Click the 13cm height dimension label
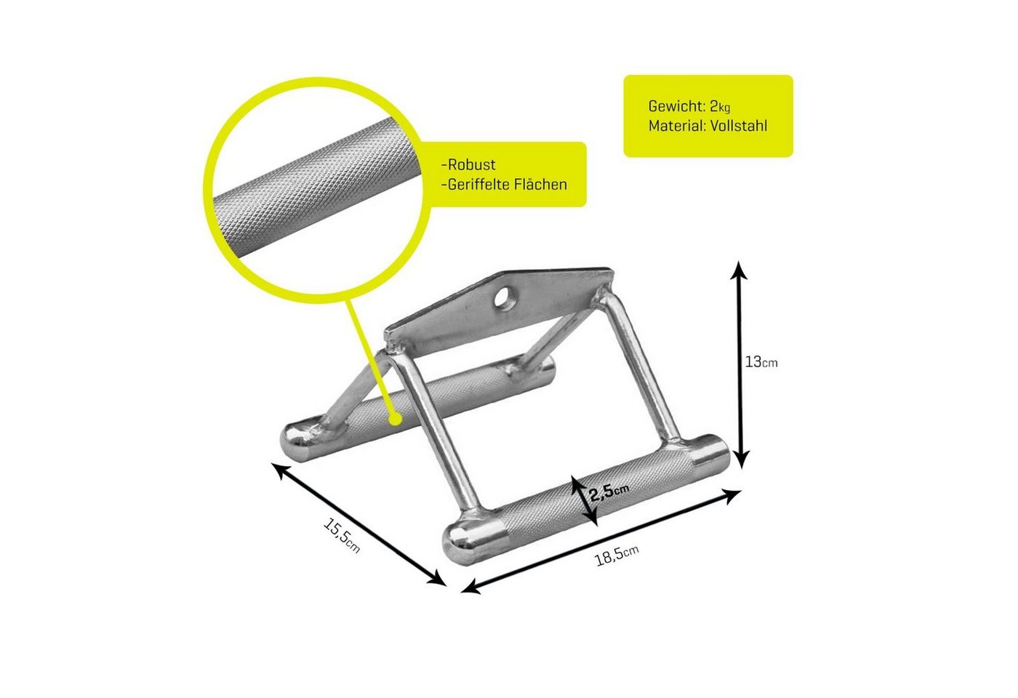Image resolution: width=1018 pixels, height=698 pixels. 761,362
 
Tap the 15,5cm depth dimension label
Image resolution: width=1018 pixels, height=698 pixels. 342,537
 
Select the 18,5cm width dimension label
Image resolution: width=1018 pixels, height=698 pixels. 617,555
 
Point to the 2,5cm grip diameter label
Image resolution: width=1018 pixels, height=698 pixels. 609,492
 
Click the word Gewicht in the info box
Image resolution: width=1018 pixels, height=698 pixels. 676,106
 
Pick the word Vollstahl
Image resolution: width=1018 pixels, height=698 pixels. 738,126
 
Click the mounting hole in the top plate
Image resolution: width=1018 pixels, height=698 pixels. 505,298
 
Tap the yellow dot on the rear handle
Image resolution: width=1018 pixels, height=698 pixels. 397,419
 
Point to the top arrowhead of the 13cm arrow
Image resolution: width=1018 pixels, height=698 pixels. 739,269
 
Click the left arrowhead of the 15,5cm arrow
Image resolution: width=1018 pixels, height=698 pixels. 278,471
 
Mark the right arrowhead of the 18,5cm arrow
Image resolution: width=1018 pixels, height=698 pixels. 733,495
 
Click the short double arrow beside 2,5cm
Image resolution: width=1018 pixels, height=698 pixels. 584,501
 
